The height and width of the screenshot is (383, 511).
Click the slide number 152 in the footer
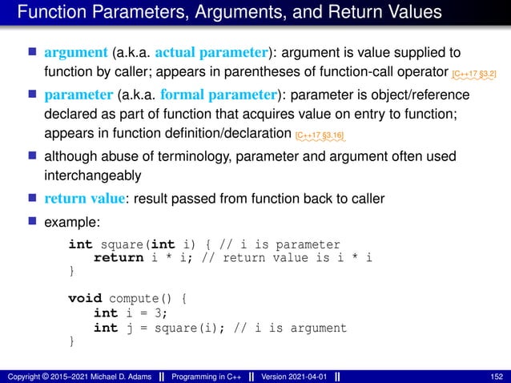tap(496, 376)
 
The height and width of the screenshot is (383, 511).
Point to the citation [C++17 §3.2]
tap(473, 75)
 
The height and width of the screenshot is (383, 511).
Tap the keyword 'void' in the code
tap(85, 298)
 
